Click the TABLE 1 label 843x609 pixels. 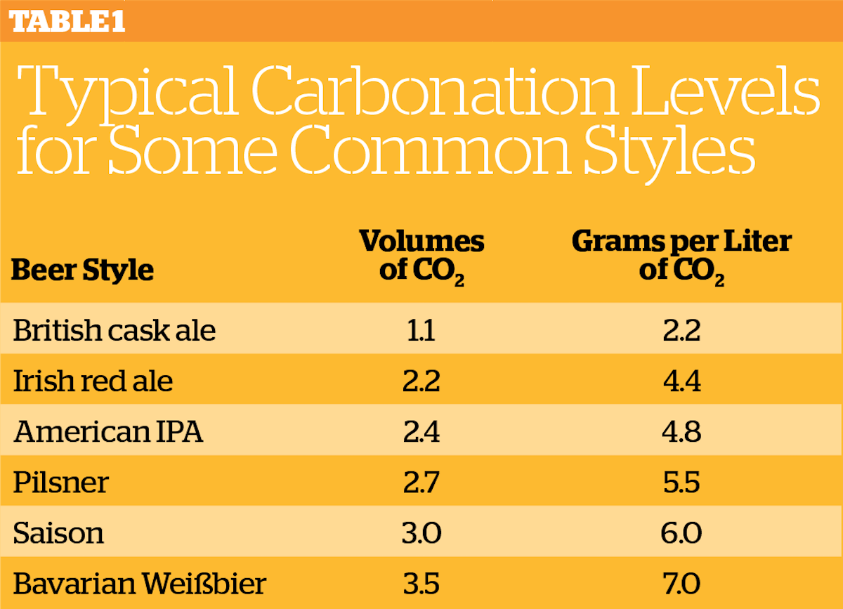pos(67,21)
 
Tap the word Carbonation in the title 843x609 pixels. pos(434,91)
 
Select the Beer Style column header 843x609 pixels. pos(82,270)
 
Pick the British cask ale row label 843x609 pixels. pos(115,330)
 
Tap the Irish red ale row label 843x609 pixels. pos(93,381)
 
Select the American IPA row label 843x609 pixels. pos(108,431)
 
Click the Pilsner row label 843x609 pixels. pos(61,482)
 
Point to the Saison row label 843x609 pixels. pos(58,533)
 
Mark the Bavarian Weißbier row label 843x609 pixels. pos(140,584)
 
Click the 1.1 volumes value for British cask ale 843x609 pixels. pos(421,330)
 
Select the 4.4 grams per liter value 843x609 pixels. pos(682,381)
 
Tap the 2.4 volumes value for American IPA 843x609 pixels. pos(421,432)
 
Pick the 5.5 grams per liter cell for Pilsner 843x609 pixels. pos(681,483)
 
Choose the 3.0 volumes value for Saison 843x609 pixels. pos(421,533)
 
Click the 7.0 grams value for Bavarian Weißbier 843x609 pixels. pos(681,584)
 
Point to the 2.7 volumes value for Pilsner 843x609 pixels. pos(421,483)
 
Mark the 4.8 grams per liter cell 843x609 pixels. pos(681,432)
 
